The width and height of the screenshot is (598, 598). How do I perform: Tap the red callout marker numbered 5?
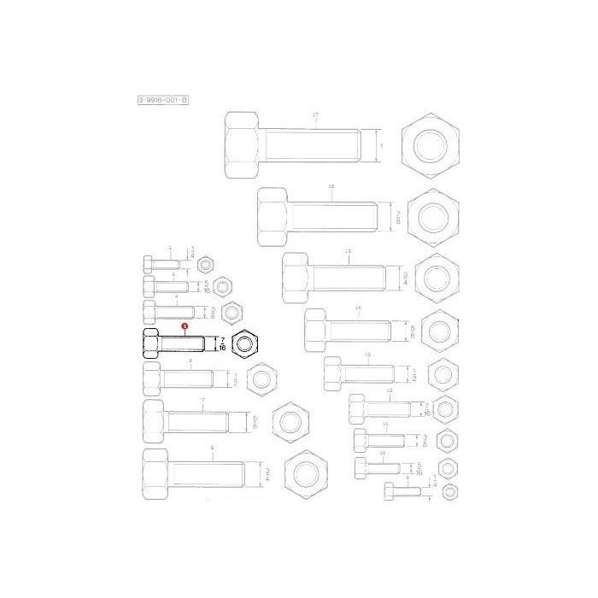pyautogui.click(x=184, y=327)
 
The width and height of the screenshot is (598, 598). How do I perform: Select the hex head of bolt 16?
pyautogui.click(x=273, y=218)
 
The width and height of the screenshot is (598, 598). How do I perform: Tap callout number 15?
pyautogui.click(x=348, y=250)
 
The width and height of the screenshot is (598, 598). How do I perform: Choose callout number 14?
pyautogui.click(x=358, y=307)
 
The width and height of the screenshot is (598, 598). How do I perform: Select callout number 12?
pyautogui.click(x=389, y=390)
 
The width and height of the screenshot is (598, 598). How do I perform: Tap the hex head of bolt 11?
pyautogui.click(x=361, y=443)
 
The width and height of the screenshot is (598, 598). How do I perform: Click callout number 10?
pyautogui.click(x=382, y=452)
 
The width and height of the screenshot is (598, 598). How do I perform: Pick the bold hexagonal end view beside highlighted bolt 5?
pyautogui.click(x=247, y=345)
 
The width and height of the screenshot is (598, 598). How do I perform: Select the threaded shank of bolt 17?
pyautogui.click(x=316, y=146)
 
